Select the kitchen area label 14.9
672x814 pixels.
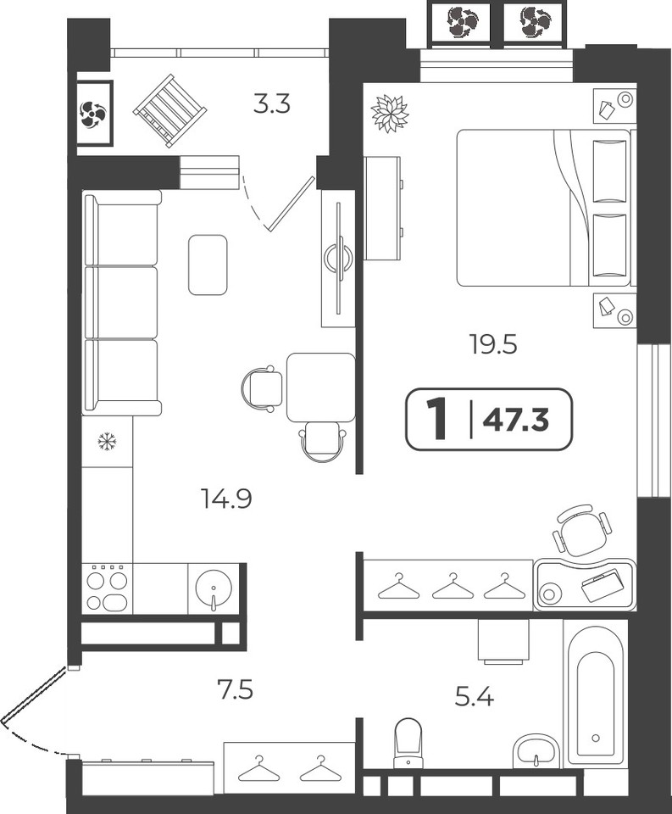[x=226, y=499]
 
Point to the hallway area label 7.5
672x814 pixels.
[x=235, y=690]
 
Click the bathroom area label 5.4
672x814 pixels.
[x=475, y=697]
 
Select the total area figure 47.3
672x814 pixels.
[x=516, y=420]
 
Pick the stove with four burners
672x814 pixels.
[x=108, y=588]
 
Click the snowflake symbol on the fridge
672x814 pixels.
[x=108, y=442]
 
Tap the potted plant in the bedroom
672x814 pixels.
[x=390, y=113]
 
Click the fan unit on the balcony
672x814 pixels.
[x=94, y=113]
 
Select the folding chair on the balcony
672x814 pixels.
[x=170, y=110]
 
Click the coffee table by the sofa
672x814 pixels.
[x=208, y=265]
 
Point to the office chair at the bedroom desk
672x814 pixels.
[x=580, y=529]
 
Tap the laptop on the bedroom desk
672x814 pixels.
[x=600, y=586]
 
